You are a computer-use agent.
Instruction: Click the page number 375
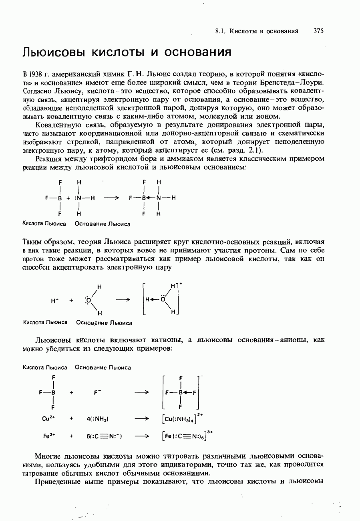tap(319, 31)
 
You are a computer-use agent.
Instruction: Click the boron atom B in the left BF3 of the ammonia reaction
tap(60, 198)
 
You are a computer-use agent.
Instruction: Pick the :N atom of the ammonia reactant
tap(78, 198)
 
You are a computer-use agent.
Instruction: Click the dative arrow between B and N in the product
tap(151, 198)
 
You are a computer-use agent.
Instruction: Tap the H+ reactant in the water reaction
tap(55, 300)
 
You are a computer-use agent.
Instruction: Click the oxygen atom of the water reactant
tap(88, 300)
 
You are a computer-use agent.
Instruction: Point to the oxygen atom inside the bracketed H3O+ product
tap(163, 299)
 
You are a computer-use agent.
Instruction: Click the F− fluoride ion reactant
tap(96, 393)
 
